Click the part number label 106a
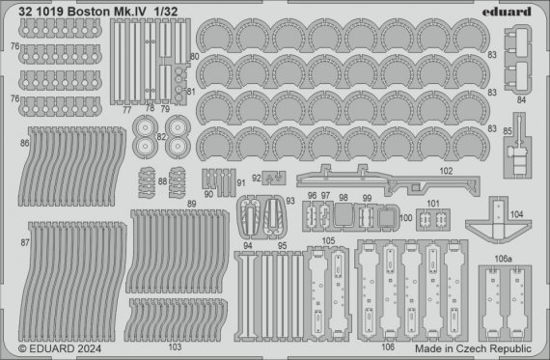(503, 259)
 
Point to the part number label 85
(508, 130)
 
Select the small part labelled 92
(272, 178)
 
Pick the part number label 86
(22, 142)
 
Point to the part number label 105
(329, 240)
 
